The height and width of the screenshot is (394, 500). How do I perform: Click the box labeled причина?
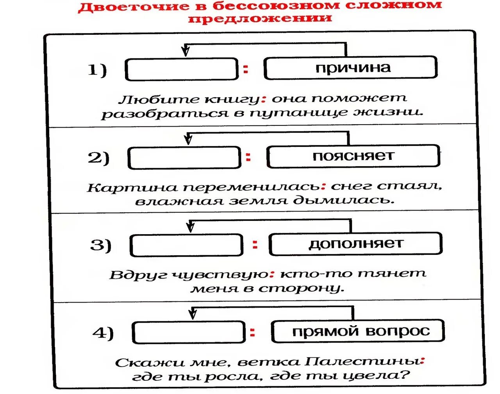point(350,68)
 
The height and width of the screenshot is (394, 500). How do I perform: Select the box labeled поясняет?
point(353,156)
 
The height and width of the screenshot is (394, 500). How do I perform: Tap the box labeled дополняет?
point(355,244)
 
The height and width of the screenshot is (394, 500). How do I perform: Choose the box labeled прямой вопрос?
point(358,331)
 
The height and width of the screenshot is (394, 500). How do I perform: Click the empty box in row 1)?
point(181,70)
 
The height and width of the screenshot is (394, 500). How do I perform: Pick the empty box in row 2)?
point(184,158)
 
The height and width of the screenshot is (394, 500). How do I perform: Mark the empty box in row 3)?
point(186,245)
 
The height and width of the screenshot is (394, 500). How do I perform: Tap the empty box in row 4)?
point(189,333)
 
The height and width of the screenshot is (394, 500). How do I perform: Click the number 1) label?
point(97,70)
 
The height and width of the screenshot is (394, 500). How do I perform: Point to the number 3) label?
point(101,245)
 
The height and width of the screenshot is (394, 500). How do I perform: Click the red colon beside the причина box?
point(246,70)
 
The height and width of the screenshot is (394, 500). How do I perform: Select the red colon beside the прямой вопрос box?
point(253,333)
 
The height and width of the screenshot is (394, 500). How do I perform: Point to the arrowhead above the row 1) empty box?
point(186,51)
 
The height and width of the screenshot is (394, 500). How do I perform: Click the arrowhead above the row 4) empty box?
point(192,313)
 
